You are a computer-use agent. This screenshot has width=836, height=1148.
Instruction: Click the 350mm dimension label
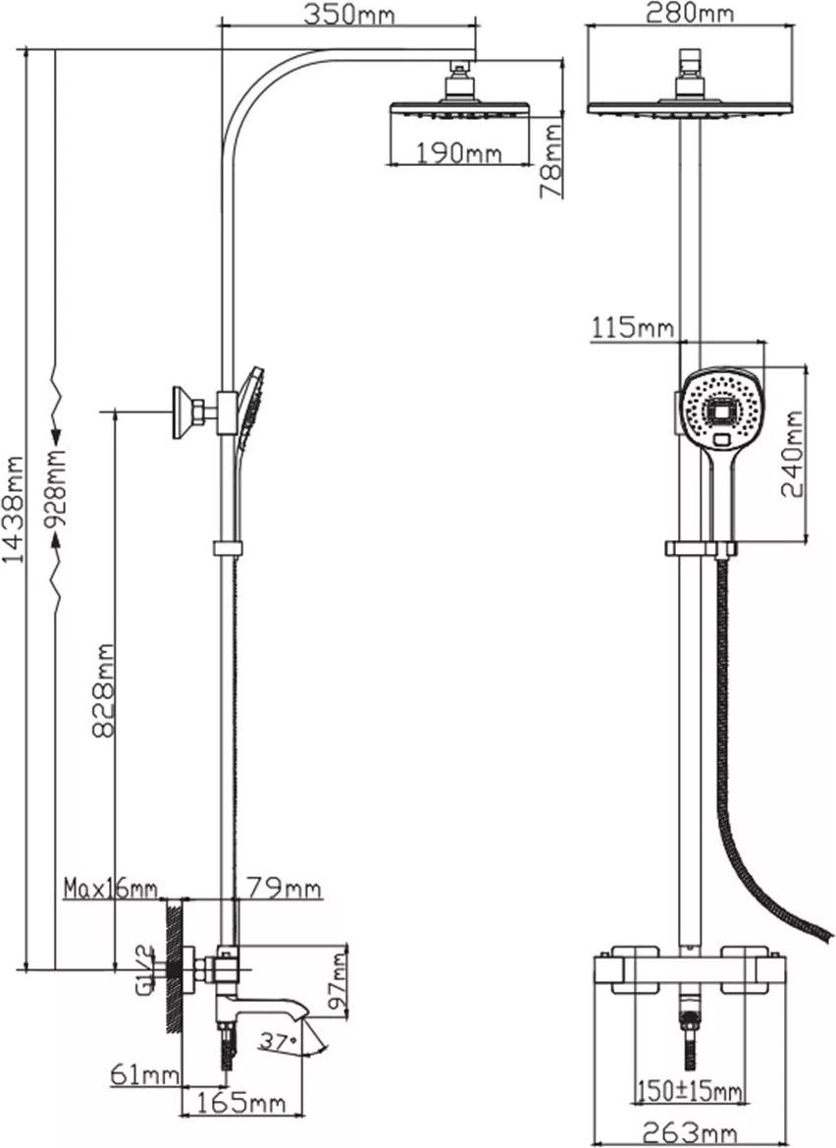click(349, 14)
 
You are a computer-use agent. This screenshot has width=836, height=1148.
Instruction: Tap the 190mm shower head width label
click(459, 153)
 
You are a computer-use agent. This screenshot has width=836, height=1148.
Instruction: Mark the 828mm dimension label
click(104, 691)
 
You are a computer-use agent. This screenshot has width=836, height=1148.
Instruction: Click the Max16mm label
click(111, 888)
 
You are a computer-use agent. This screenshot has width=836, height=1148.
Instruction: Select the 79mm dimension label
click(284, 888)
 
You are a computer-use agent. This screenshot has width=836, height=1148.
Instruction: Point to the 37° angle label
click(279, 1040)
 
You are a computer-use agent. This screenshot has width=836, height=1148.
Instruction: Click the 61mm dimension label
click(145, 1075)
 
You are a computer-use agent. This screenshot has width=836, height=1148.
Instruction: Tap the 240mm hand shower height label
click(792, 454)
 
